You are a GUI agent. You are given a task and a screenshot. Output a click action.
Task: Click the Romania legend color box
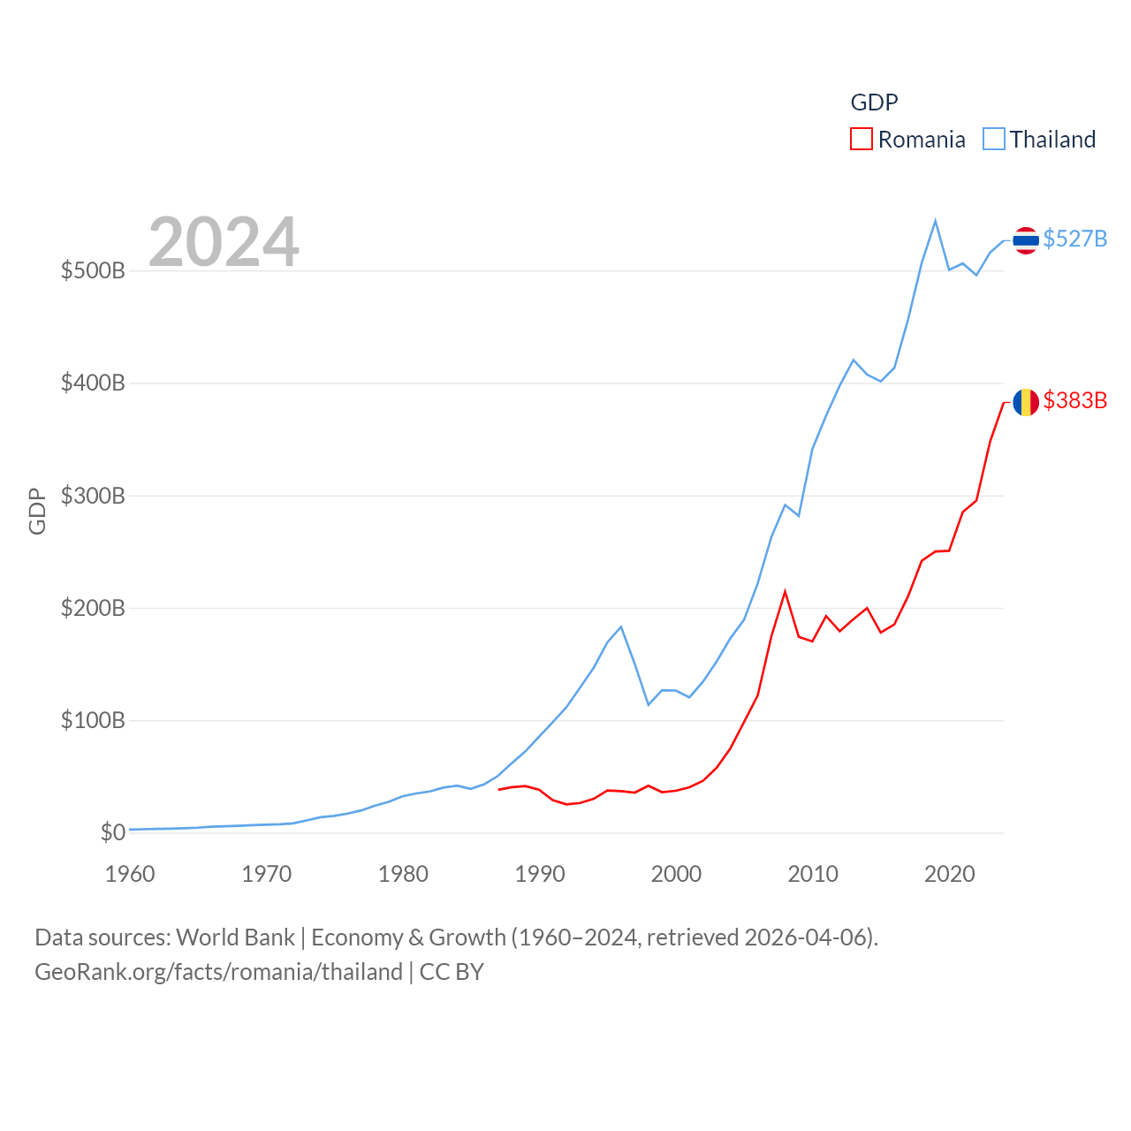(x=862, y=140)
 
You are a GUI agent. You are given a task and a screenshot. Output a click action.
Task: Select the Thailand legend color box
(x=994, y=140)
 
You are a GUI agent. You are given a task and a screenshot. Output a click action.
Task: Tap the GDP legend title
(x=874, y=102)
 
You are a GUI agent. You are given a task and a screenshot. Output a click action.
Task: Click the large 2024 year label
(x=224, y=242)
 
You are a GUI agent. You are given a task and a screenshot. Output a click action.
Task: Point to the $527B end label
(x=1074, y=239)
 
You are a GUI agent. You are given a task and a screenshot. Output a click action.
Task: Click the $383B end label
(x=1074, y=400)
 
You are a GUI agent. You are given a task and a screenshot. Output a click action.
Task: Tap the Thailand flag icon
(x=1026, y=239)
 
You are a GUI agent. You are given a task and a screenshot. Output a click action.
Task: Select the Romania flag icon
(x=1026, y=402)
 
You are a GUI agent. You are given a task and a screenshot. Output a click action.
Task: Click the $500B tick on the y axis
(x=93, y=270)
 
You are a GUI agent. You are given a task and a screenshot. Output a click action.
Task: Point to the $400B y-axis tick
(x=93, y=383)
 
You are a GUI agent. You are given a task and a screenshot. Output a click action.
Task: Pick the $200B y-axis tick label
(x=93, y=608)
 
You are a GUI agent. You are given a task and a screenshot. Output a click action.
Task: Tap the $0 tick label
(x=112, y=832)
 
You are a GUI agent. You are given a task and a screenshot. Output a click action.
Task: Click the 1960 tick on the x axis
(x=130, y=874)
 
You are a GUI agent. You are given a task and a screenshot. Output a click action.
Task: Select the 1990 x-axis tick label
(x=540, y=874)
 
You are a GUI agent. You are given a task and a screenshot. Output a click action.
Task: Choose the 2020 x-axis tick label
(x=949, y=874)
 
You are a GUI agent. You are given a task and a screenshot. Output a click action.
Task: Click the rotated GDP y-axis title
(x=37, y=511)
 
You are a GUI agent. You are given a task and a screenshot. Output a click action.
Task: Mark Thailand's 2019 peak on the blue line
(x=935, y=221)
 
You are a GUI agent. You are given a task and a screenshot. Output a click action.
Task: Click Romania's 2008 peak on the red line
(x=785, y=591)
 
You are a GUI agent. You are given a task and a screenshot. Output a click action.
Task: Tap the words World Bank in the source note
(x=235, y=937)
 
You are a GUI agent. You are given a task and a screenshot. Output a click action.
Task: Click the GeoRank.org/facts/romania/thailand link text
(x=218, y=972)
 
